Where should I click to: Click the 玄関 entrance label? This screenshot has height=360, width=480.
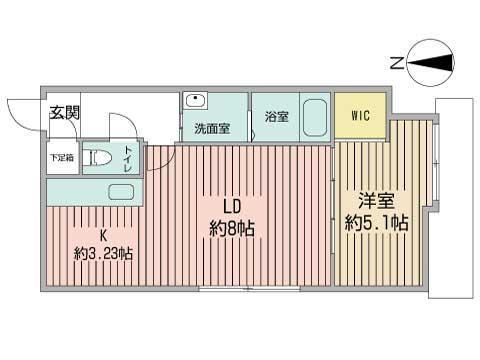click(x=65, y=113)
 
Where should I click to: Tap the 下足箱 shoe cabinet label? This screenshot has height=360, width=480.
click(x=62, y=157)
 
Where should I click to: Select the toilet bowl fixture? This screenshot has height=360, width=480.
click(x=97, y=158)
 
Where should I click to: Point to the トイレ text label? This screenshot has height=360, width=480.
click(x=128, y=158)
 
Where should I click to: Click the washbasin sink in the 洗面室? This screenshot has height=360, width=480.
click(x=195, y=100)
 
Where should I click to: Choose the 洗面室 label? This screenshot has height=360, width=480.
click(x=212, y=128)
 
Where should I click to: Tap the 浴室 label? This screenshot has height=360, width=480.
click(x=277, y=117)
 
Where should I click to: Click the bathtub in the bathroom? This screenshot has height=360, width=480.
click(x=315, y=117)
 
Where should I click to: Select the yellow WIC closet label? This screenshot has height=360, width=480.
click(x=360, y=115)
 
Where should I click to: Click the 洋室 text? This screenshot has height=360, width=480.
click(x=376, y=201)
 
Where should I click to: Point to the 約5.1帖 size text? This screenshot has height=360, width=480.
click(x=376, y=223)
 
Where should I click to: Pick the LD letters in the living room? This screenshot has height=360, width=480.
click(x=232, y=207)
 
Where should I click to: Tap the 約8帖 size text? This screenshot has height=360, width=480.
click(x=232, y=229)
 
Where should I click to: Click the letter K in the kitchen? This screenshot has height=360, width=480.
click(x=104, y=236)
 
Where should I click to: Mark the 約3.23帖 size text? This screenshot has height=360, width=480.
click(x=103, y=254)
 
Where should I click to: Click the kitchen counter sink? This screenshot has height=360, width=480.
click(x=121, y=192)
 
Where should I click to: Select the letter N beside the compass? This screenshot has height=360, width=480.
click(x=397, y=63)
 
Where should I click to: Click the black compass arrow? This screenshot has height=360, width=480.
click(x=430, y=63)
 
